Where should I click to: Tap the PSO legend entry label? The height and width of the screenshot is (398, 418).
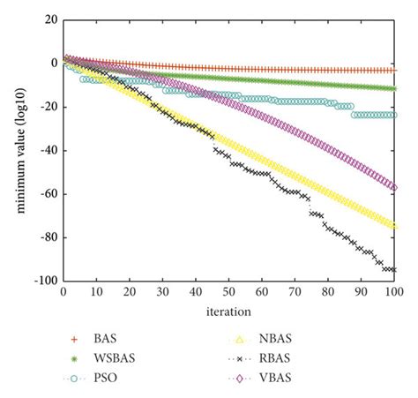(x=121, y=379)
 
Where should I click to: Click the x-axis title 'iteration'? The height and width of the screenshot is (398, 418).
(x=229, y=311)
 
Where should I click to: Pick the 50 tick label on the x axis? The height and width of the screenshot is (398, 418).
(x=228, y=291)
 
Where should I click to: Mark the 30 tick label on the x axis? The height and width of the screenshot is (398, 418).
(x=162, y=291)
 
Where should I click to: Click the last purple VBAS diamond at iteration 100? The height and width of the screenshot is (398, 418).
(x=394, y=187)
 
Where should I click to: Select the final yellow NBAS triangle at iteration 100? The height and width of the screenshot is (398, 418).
(x=394, y=226)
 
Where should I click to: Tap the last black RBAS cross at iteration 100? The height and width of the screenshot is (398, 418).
(x=394, y=269)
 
